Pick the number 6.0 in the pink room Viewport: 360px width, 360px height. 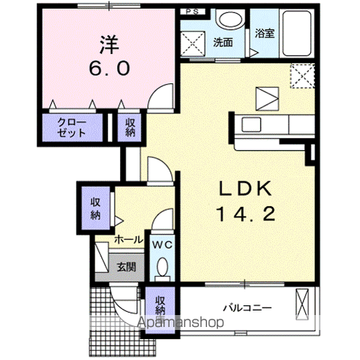(x=110, y=67)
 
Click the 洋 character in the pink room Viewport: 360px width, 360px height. (x=110, y=42)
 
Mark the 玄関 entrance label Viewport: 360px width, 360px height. (x=125, y=266)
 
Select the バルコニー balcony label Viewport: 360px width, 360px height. (x=247, y=307)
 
